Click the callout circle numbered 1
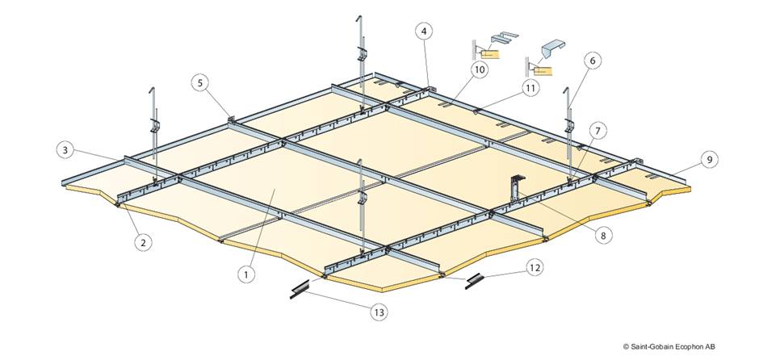(247, 274)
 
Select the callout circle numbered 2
(143, 240)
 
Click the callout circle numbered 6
(592, 60)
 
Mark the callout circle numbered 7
(597, 130)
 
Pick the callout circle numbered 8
(602, 236)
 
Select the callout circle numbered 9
(709, 160)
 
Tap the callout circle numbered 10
(480, 70)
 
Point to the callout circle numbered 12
(535, 266)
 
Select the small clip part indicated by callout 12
(476, 278)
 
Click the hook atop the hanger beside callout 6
(568, 92)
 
